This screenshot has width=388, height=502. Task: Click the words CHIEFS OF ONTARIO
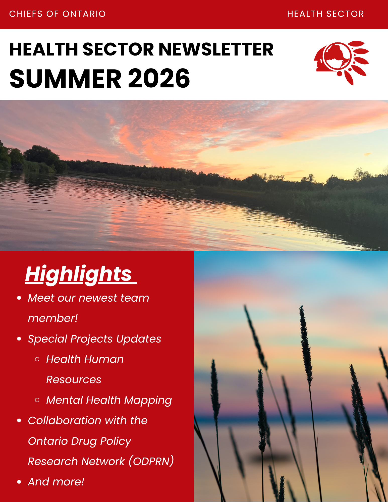(x=58, y=14)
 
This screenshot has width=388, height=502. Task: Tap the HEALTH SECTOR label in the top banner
(x=325, y=14)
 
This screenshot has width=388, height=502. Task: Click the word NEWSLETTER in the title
(x=216, y=49)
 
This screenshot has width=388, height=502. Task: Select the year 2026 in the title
(x=159, y=79)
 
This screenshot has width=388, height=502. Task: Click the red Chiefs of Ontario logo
(x=341, y=63)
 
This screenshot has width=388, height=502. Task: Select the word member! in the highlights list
(x=53, y=318)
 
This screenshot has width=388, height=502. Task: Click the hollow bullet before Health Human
(x=37, y=359)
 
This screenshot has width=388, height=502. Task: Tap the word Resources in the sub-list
(x=74, y=380)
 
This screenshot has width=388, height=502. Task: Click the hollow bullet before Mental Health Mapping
(x=37, y=400)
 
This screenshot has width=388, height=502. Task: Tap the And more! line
(x=56, y=482)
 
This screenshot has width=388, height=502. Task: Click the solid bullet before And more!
(x=19, y=482)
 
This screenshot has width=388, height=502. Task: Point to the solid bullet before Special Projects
(x=19, y=339)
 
